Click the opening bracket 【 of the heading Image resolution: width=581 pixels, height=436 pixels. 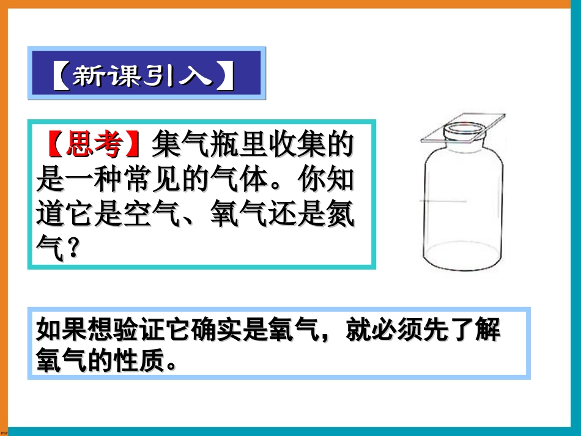click(x=59, y=76)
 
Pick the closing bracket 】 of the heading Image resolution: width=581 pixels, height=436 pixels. click(x=227, y=76)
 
